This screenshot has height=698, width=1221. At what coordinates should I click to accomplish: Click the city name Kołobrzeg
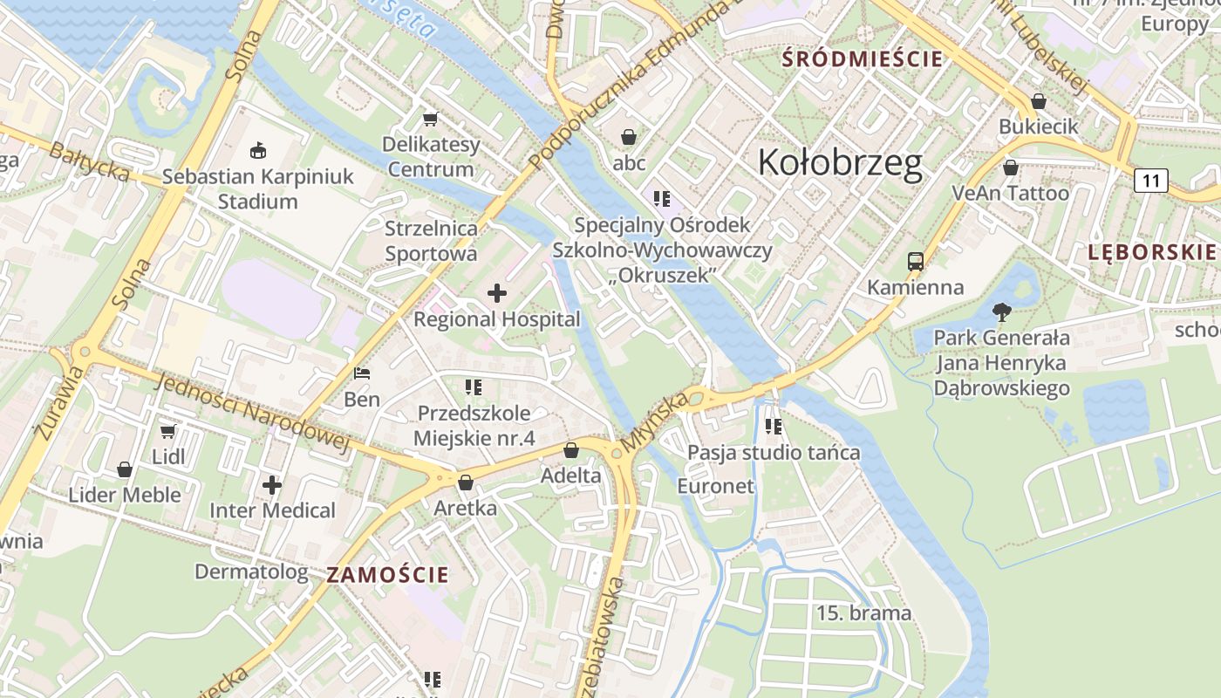pos(839,163)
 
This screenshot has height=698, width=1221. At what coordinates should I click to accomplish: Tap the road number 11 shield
pos(1150,181)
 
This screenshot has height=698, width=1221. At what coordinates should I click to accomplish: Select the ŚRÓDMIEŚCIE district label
pos(863,59)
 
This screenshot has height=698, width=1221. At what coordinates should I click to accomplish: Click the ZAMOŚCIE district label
pos(388,575)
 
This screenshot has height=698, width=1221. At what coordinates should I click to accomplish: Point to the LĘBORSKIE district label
pos(1151,253)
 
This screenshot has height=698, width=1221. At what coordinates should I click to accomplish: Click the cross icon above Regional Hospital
pos(496,293)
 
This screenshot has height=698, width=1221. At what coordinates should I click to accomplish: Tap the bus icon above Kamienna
pos(915,261)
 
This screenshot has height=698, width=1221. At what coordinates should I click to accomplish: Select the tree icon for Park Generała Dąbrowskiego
pos(1001,311)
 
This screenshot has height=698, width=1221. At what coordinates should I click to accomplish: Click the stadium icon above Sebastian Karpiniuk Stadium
pos(257,151)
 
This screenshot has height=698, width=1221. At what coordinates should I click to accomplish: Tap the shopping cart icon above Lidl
pos(167,431)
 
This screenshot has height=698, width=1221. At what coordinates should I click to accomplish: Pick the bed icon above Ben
pos(362,373)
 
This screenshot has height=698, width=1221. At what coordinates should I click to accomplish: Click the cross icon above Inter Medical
pos(272,484)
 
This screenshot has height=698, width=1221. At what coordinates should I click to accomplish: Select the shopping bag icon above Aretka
pos(466,482)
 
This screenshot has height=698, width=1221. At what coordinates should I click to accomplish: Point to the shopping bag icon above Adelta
pos(570,450)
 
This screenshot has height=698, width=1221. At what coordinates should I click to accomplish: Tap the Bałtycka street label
pos(89,163)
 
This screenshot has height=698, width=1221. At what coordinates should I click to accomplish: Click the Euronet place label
pos(715,486)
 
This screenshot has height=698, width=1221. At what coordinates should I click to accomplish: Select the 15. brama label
pos(863,613)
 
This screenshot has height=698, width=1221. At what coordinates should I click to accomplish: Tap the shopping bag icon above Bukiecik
pos(1038,101)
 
